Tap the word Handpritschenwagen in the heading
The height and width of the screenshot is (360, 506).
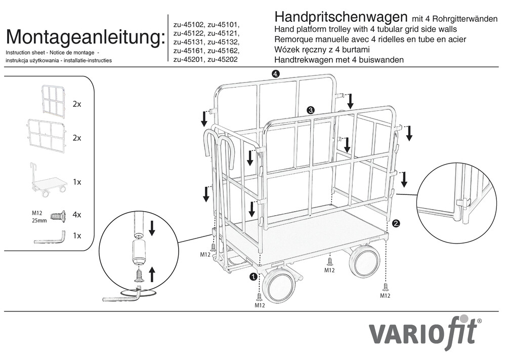click(x=341, y=16)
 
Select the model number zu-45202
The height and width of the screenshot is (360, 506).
click(x=223, y=59)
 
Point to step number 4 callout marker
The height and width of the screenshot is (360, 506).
click(x=275, y=74)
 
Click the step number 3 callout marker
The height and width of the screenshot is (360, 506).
click(x=311, y=110)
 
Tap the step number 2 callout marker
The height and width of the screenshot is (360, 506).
click(x=396, y=223)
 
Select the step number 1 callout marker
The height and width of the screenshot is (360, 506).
click(x=254, y=276)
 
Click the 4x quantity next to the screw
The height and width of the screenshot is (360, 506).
click(x=77, y=215)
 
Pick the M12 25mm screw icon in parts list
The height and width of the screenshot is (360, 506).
click(x=58, y=215)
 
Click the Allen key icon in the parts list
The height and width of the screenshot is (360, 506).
click(x=50, y=237)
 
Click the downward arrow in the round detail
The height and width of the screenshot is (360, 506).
click(x=152, y=228)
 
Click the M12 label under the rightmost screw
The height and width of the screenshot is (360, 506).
click(x=385, y=295)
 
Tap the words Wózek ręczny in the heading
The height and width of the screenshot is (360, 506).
click(x=301, y=50)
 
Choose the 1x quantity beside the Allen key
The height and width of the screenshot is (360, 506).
click(x=77, y=235)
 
